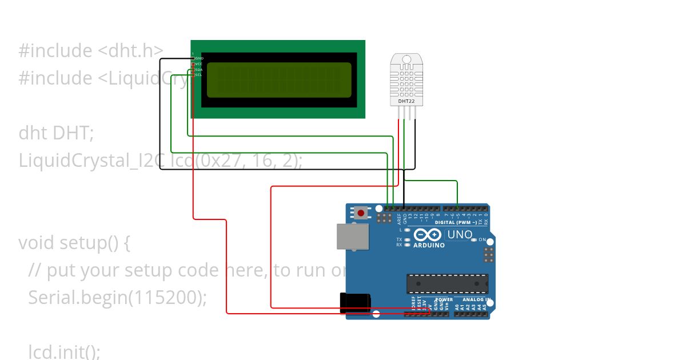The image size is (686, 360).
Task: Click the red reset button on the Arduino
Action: (x=361, y=213)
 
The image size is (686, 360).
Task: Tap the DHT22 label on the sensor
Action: (x=406, y=101)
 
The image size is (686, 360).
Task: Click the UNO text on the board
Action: (x=460, y=234)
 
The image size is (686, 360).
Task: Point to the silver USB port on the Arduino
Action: (x=352, y=236)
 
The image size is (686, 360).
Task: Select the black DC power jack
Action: (x=355, y=303)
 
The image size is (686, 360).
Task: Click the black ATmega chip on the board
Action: (x=447, y=283)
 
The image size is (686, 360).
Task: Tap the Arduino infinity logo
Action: (x=428, y=234)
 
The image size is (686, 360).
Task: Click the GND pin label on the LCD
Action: (x=199, y=58)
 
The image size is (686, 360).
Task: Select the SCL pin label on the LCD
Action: (x=199, y=75)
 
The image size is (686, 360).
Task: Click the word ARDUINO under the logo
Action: (x=429, y=245)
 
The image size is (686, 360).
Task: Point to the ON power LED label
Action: (x=482, y=239)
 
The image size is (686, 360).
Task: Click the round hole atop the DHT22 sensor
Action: (x=406, y=59)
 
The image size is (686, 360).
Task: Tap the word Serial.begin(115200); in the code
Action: (x=117, y=297)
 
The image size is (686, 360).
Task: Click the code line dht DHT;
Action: (x=56, y=133)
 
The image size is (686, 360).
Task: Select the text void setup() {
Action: (x=74, y=243)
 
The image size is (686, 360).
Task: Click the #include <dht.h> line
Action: (x=91, y=51)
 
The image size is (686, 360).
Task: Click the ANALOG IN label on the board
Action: (x=476, y=299)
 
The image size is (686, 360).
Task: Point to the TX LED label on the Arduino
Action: (x=399, y=239)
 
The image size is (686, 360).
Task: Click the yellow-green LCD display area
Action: (x=279, y=80)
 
